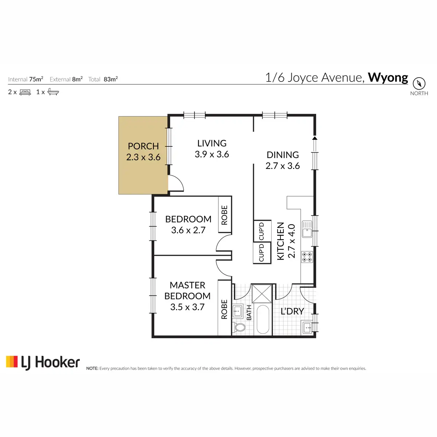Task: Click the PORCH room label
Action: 143,146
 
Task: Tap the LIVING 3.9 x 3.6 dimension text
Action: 212,154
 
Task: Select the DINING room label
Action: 283,155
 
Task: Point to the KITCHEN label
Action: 280,241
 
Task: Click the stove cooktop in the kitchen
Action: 307,257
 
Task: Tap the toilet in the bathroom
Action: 240,327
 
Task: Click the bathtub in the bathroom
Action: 263,319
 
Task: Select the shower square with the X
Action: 262,294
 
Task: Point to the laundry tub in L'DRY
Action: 307,327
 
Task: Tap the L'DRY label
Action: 292,311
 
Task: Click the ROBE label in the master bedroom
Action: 224,309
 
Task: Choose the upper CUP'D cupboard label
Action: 261,231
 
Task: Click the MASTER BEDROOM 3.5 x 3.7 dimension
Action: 187,307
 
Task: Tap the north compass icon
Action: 419,83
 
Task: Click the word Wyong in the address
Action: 388,78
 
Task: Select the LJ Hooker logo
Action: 43,363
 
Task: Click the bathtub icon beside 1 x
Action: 53,92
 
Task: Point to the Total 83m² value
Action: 111,79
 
